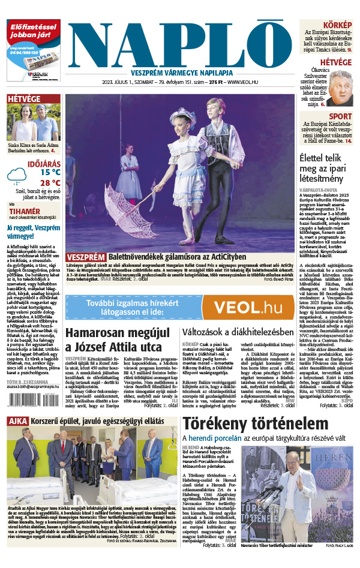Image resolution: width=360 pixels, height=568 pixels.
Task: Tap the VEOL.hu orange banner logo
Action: pyautogui.click(x=239, y=307)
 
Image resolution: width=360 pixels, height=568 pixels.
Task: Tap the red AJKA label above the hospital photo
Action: pyautogui.click(x=20, y=422)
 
